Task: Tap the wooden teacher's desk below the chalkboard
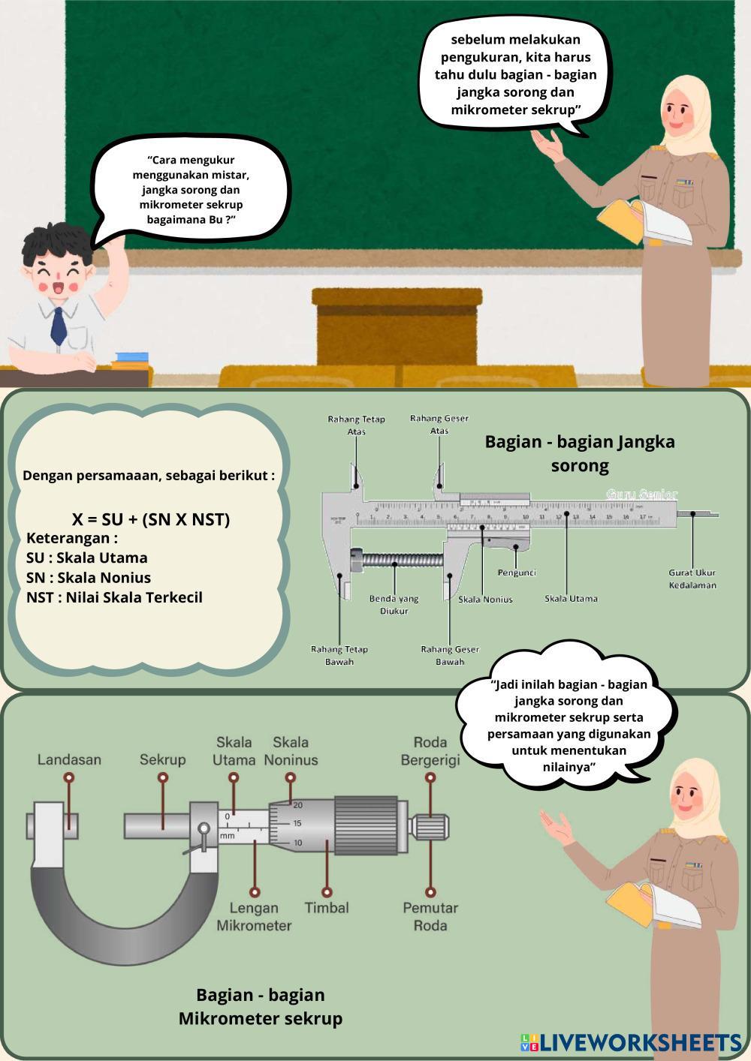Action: [396, 330]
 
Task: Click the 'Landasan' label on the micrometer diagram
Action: [69, 759]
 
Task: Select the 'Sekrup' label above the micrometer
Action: [162, 759]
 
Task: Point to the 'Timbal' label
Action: [327, 907]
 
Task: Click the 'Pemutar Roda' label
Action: [430, 916]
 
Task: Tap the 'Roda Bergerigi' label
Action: [430, 750]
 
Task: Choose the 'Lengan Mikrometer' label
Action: [254, 916]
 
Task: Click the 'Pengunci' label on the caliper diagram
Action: [517, 573]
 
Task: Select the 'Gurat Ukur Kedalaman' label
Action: [692, 579]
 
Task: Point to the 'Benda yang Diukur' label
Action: [394, 605]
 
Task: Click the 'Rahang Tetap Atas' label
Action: [356, 425]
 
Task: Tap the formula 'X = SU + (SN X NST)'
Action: [151, 519]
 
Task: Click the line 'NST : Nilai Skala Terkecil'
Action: [114, 597]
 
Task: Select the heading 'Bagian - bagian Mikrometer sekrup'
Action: [261, 1006]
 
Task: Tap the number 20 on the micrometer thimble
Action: [297, 804]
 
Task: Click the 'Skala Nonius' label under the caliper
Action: [486, 599]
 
